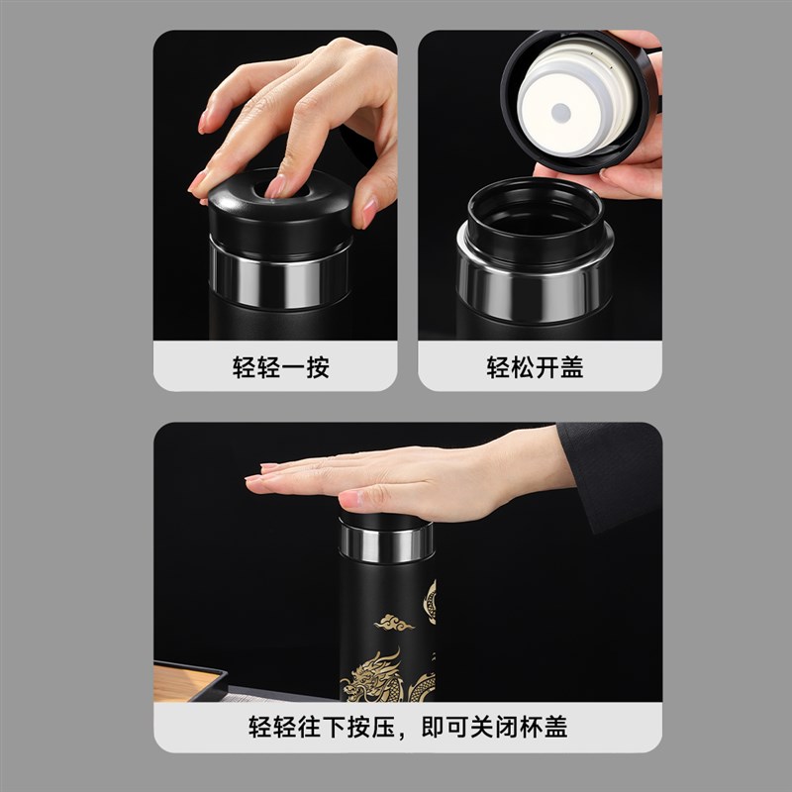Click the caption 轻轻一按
(x=280, y=368)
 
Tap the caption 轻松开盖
(x=535, y=368)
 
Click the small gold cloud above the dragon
(x=393, y=623)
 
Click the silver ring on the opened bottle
(x=535, y=276)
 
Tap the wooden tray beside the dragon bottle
(x=188, y=680)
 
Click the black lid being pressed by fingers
(x=280, y=217)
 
